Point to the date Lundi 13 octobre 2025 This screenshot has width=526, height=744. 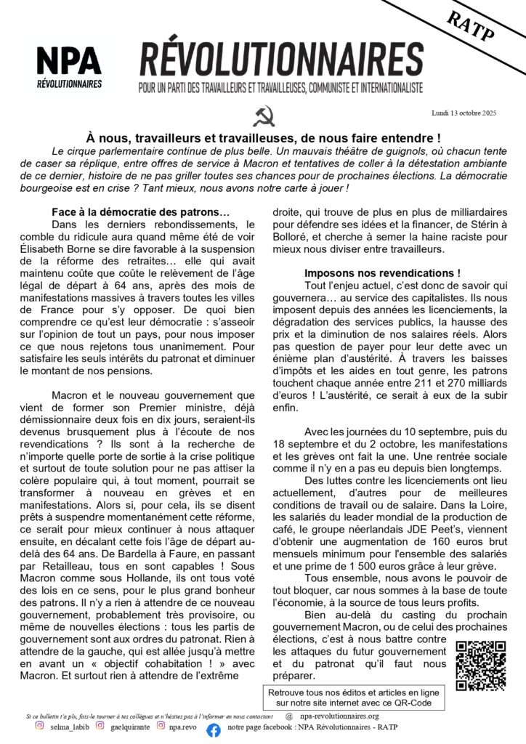[x=466, y=114]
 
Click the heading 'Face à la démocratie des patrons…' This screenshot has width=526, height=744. [x=140, y=212]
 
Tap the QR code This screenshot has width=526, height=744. [x=480, y=665]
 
